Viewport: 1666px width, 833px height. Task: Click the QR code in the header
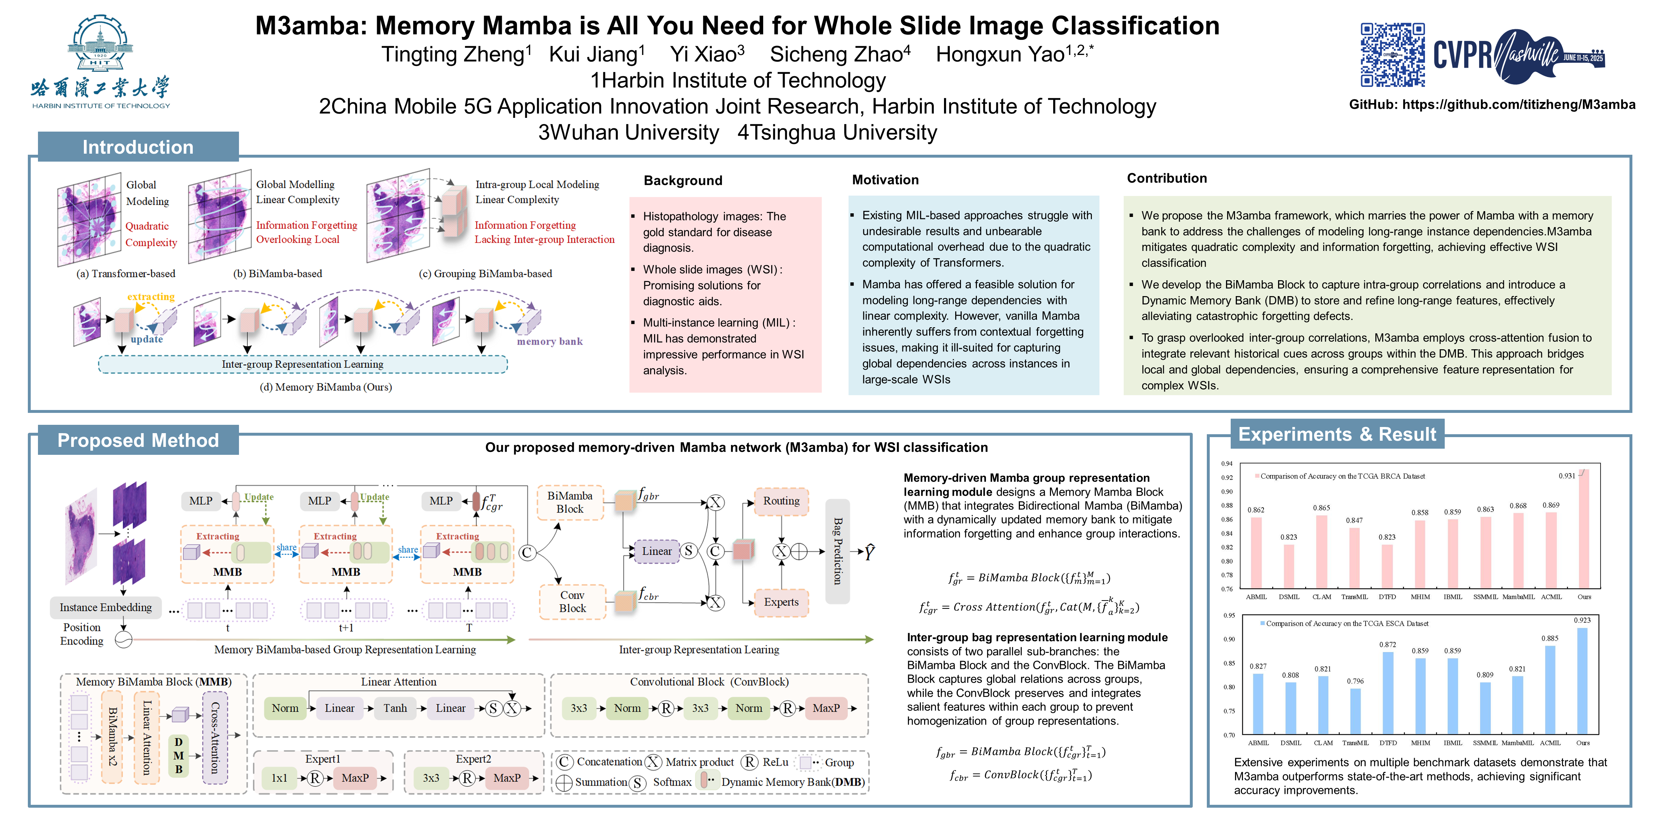[x=1392, y=55]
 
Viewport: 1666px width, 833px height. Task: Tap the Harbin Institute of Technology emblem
[x=100, y=44]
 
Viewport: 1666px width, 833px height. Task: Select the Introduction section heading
[x=138, y=147]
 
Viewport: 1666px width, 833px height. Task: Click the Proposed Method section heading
[x=138, y=440]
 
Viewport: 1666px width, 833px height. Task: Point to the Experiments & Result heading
[x=1337, y=435]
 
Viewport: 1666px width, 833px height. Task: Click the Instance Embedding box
[x=106, y=607]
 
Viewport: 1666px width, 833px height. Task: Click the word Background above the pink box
[x=683, y=180]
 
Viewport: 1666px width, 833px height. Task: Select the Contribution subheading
[x=1167, y=179]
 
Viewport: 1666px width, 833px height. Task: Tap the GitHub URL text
[x=1518, y=105]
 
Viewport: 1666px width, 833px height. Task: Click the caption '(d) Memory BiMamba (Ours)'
[x=325, y=387]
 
